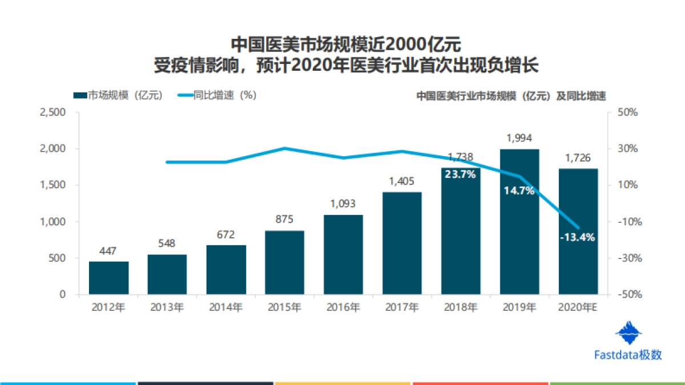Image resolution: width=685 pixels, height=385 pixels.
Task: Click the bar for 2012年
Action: click(108, 278)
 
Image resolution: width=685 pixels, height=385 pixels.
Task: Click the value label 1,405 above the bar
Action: click(402, 181)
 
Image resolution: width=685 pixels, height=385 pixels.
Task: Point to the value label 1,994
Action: click(519, 138)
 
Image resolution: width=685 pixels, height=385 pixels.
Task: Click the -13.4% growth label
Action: click(578, 237)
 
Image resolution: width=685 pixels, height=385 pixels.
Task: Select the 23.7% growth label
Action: click(460, 175)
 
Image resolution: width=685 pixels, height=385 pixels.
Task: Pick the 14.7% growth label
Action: click(519, 191)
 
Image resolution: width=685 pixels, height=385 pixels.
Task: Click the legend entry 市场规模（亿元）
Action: click(118, 95)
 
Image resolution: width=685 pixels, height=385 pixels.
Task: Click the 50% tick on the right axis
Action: click(627, 112)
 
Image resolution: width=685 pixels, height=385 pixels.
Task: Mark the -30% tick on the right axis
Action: click(627, 258)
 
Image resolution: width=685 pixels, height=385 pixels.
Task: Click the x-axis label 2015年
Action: click(284, 307)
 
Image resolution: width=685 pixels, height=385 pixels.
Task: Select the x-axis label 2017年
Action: click(402, 307)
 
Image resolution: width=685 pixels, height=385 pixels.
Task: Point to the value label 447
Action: click(108, 250)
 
